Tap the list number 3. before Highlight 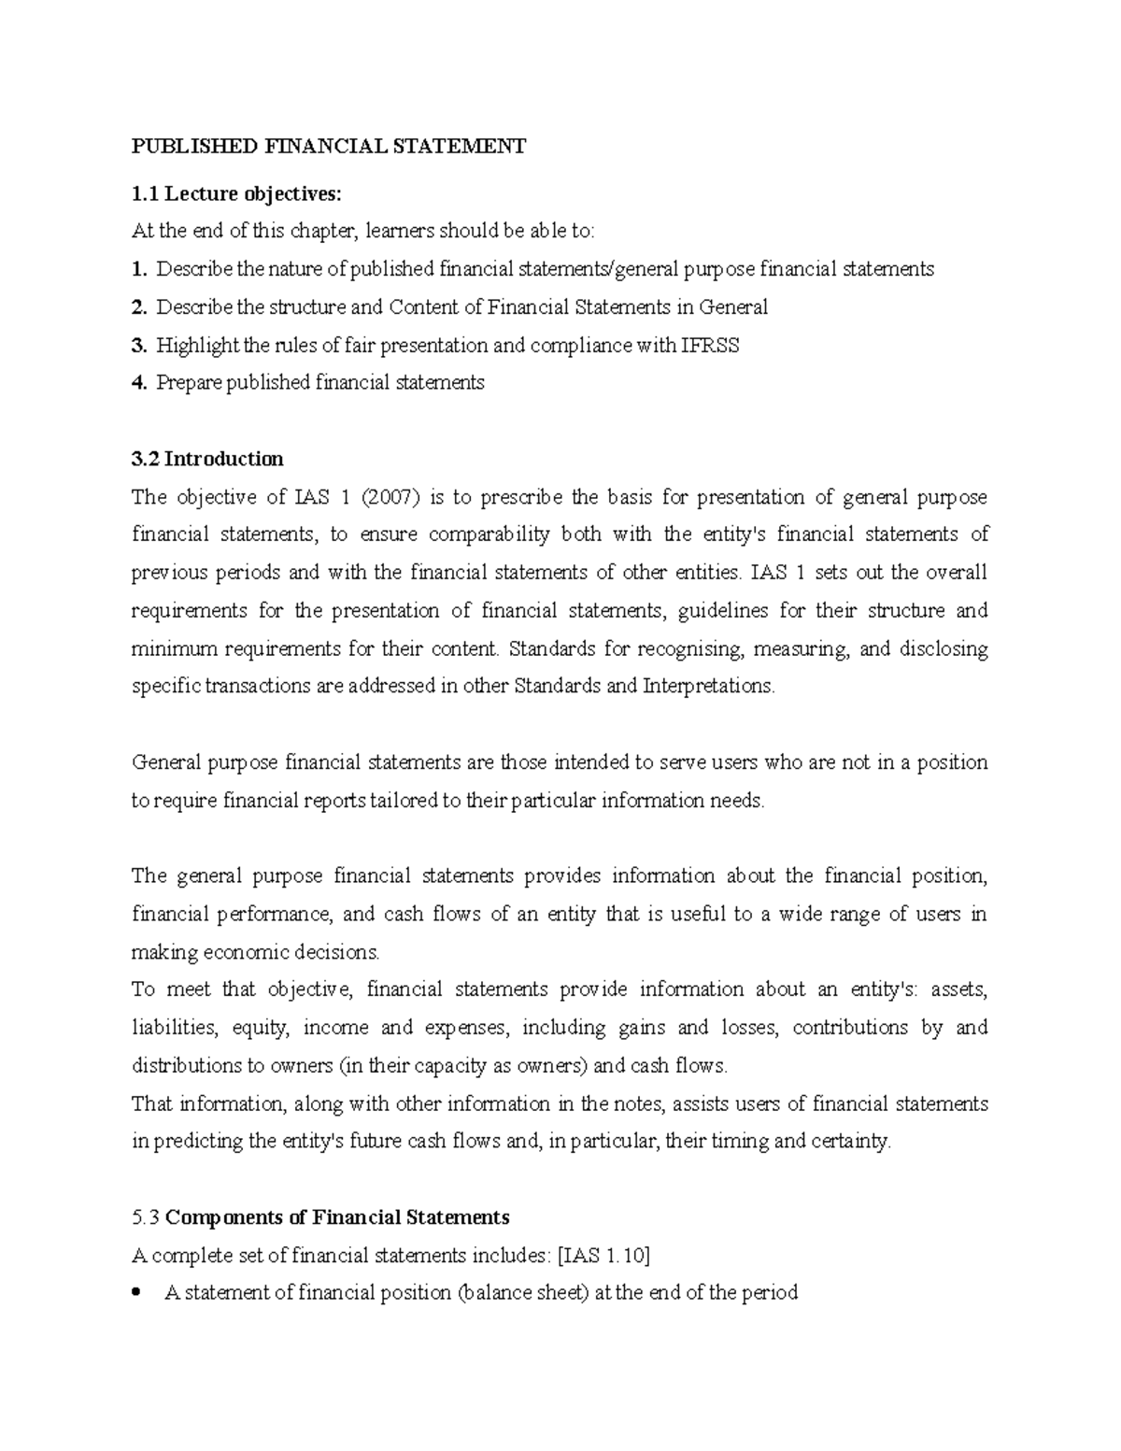coord(139,346)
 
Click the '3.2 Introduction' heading coord(207,459)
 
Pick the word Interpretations coord(709,686)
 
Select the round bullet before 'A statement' coord(138,1293)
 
